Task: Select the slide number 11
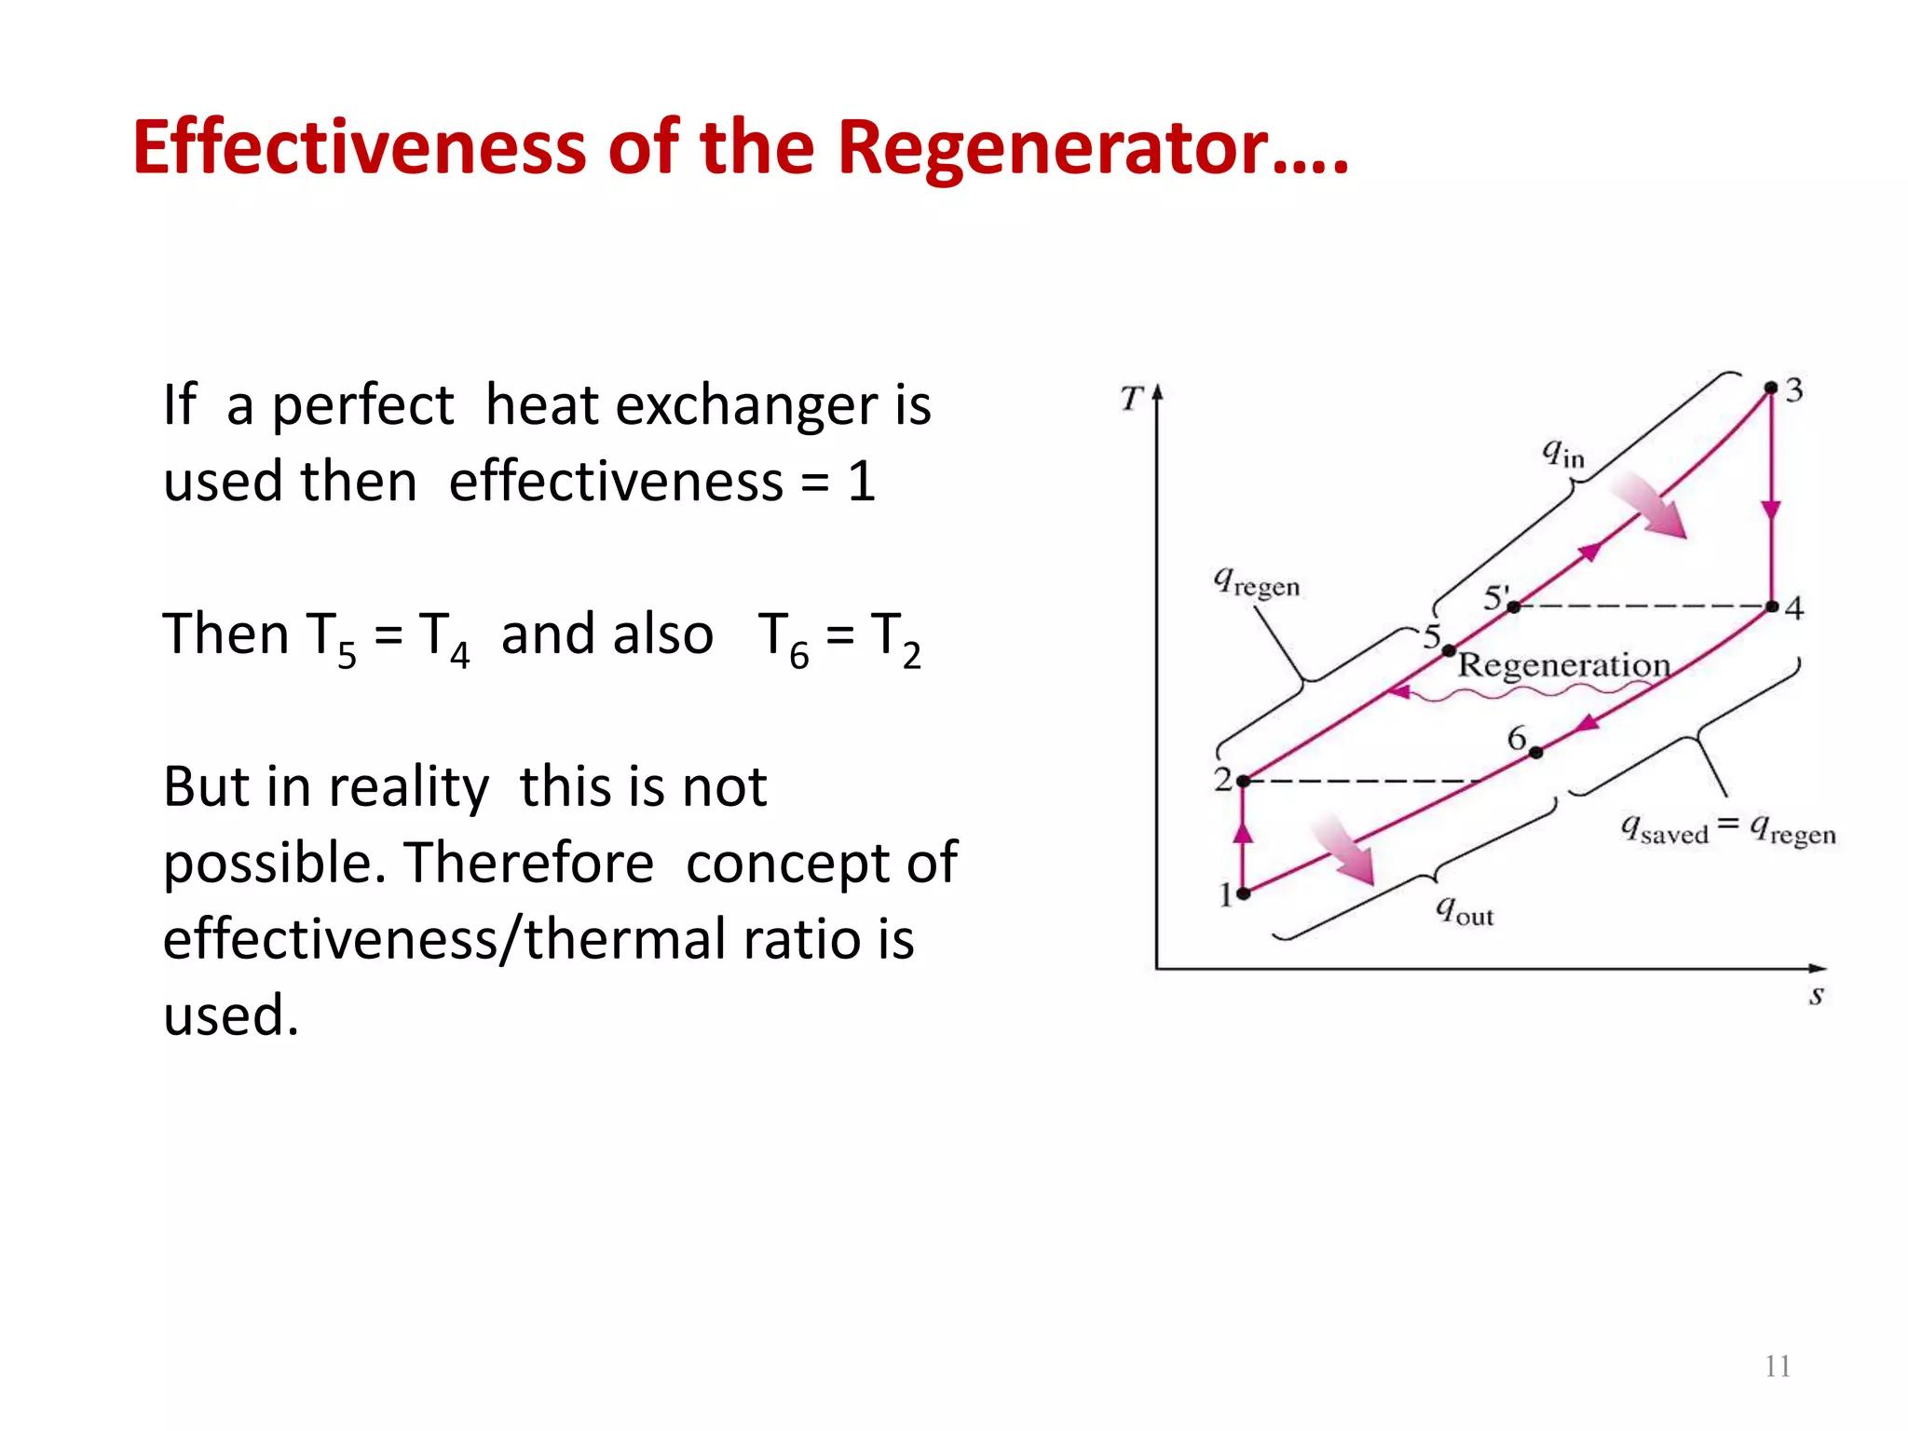[x=1778, y=1366]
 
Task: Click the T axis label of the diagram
[x=1131, y=399]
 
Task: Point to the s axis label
[x=1816, y=996]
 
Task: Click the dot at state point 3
[x=1771, y=388]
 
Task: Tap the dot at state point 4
[x=1772, y=606]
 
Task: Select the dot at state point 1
[x=1243, y=893]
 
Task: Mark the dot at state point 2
[x=1243, y=781]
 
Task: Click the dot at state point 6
[x=1536, y=752]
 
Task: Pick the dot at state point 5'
[x=1514, y=606]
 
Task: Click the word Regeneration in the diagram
[x=1564, y=665]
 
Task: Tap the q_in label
[x=1562, y=454]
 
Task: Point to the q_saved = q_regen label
[x=1728, y=828]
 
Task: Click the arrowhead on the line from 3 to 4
[x=1771, y=511]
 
